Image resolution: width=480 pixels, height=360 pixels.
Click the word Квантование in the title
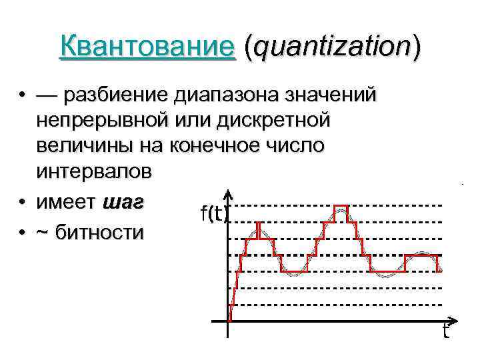pos(147,47)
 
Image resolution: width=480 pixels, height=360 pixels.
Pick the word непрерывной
pos(110,121)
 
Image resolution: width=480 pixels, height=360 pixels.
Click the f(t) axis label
pos(214,213)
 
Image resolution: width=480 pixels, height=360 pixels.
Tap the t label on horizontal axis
pos(445,331)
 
